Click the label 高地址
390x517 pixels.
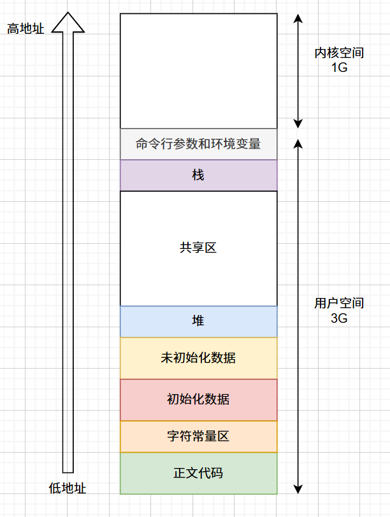pos(25,29)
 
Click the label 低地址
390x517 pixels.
pos(67,488)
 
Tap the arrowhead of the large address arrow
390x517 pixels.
pos(68,23)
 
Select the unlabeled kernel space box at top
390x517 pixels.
pos(198,71)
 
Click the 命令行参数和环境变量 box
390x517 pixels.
pos(198,144)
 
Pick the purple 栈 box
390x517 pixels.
pos(198,175)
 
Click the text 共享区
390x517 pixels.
pos(198,248)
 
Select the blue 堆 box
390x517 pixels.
pos(198,322)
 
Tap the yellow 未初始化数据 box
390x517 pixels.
pos(198,358)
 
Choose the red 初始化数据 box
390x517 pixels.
pos(198,400)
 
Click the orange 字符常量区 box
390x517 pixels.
pos(198,437)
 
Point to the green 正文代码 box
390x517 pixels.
pos(198,473)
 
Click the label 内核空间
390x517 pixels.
pos(339,53)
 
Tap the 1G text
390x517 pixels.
pos(339,67)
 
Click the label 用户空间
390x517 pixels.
pos(339,304)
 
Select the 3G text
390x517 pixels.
pos(339,318)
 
